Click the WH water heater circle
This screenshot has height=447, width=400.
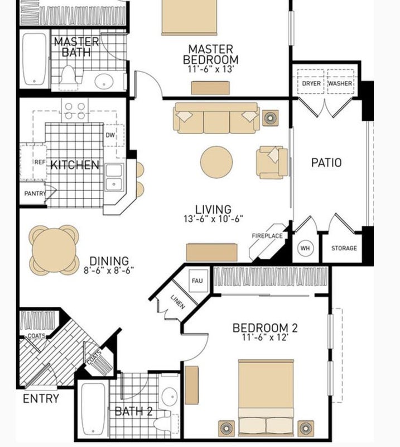305,248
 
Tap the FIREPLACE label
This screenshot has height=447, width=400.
267,236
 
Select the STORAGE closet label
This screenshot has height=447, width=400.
344,248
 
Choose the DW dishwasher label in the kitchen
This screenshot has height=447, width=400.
110,135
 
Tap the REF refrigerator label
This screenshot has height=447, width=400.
40,162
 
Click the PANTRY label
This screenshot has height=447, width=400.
35,193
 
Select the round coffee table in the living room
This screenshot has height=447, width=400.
216,162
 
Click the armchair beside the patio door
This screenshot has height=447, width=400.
272,162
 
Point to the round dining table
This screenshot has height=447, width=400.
54,250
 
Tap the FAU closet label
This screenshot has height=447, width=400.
197,280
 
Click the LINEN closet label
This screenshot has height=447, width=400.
177,302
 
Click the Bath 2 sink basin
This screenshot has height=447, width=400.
170,396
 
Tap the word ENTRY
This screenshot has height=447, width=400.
41,398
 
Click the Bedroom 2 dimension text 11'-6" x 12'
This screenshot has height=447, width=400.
265,337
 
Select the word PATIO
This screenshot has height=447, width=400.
326,163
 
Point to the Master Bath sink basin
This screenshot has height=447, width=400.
104,81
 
